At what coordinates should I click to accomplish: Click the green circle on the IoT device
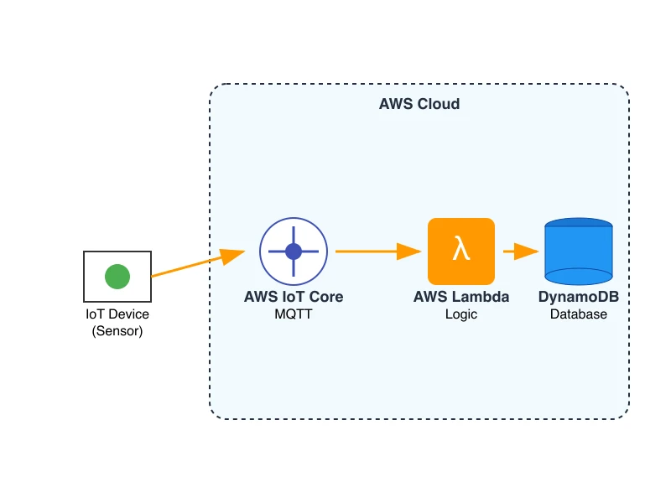coord(117,276)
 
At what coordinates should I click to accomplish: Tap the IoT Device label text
coord(117,314)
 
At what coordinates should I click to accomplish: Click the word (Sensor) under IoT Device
coord(117,330)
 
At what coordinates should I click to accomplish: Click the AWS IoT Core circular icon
coord(293,251)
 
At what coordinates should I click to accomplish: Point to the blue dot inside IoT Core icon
coord(293,251)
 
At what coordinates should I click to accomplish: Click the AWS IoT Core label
coord(294,297)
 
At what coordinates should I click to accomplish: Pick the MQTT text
coord(294,314)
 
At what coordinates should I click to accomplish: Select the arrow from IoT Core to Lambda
coord(373,251)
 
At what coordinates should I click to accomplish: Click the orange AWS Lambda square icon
coord(461,251)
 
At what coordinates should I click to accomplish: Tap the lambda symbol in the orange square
coord(460,248)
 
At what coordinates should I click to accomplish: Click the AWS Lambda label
coord(461,297)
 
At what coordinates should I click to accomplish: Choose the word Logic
coord(461,314)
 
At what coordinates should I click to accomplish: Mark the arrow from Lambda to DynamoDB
coord(518,251)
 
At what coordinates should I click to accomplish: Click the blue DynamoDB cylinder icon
coord(579,251)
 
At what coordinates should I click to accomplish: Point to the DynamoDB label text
coord(579,297)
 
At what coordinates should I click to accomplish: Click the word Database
coord(579,314)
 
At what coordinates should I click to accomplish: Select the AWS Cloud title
coord(419,104)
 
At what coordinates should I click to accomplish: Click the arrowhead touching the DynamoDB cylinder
coord(528,251)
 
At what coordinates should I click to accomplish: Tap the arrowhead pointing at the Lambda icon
coord(410,251)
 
